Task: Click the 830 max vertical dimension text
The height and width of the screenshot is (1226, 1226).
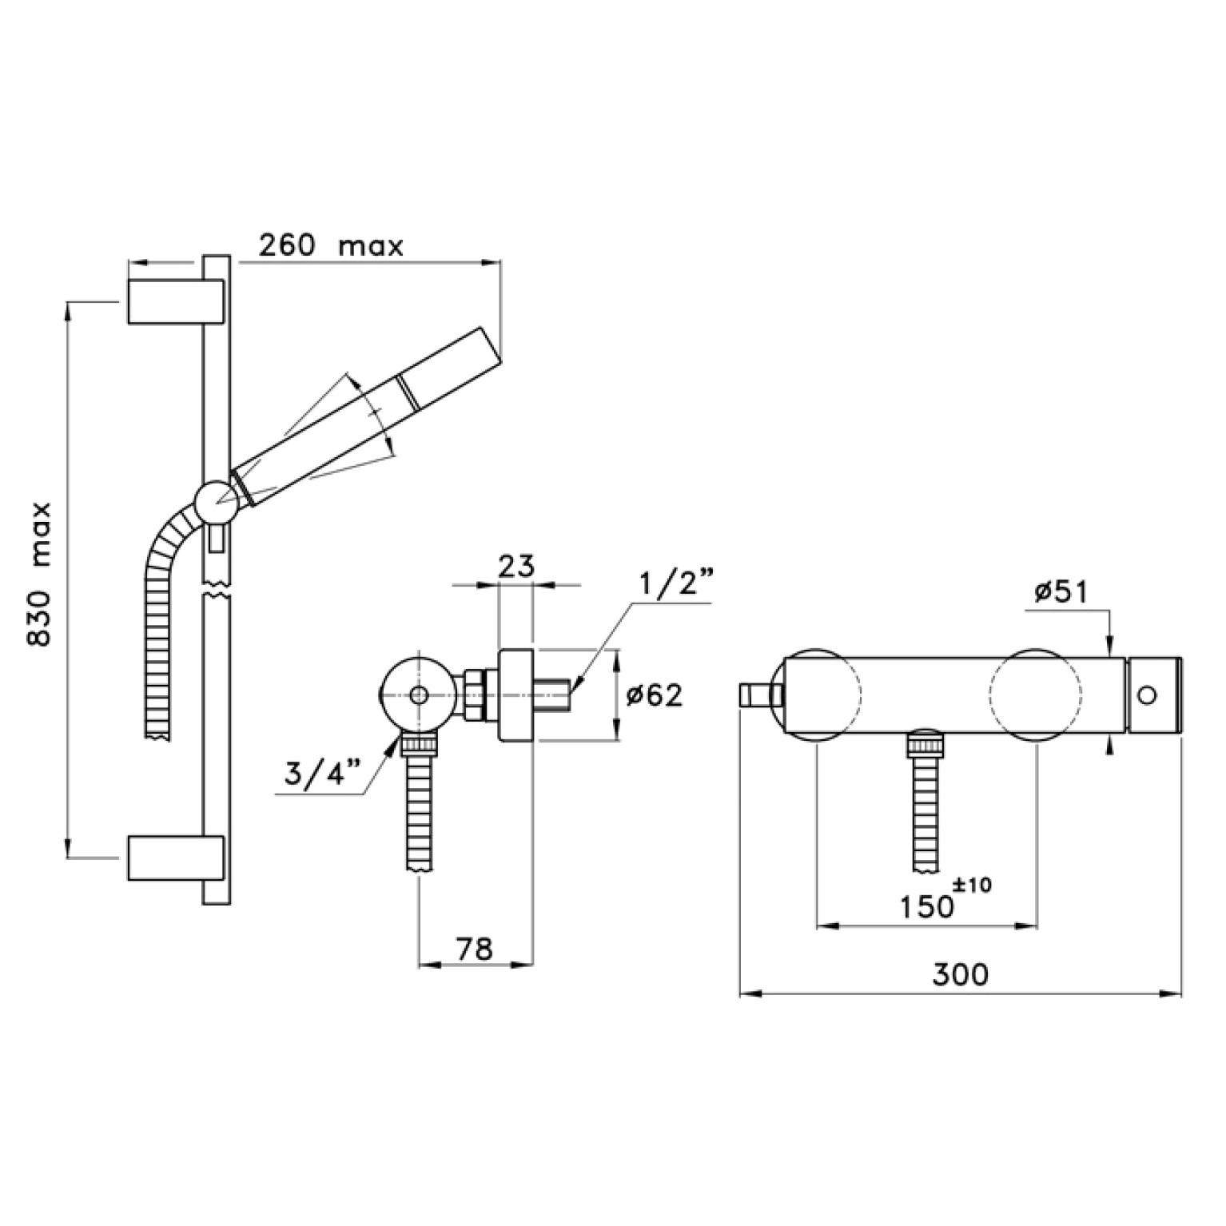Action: [x=39, y=574]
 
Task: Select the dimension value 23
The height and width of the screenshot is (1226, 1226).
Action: [x=515, y=566]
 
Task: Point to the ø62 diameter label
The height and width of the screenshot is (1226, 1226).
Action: [x=655, y=696]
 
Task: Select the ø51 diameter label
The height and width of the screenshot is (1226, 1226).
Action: [x=1061, y=592]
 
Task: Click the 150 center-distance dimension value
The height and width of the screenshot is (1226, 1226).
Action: [x=927, y=907]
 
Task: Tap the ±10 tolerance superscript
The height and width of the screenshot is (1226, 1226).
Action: [x=973, y=885]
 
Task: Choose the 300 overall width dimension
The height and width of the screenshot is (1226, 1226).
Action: [x=960, y=974]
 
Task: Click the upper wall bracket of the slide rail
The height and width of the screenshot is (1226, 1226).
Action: [x=175, y=302]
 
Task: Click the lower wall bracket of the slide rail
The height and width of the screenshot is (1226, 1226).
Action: [x=175, y=858]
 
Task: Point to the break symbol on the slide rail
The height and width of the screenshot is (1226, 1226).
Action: [x=217, y=592]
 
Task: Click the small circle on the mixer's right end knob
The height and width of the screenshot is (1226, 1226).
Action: [x=1147, y=695]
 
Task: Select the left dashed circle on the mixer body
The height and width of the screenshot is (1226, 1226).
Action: [x=815, y=695]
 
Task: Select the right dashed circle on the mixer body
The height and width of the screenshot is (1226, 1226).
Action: [x=1036, y=695]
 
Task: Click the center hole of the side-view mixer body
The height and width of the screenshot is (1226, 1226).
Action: [x=417, y=695]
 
